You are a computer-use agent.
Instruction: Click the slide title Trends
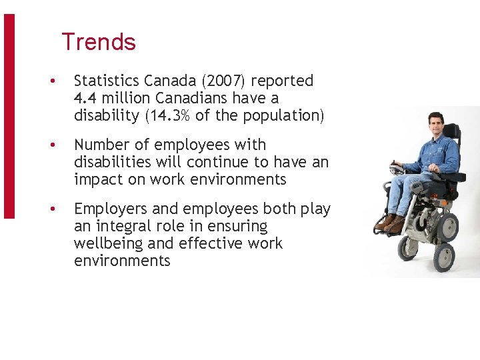(x=99, y=42)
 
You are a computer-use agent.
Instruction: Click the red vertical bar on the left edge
(x=9, y=117)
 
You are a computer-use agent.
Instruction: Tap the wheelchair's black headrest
(x=452, y=131)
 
